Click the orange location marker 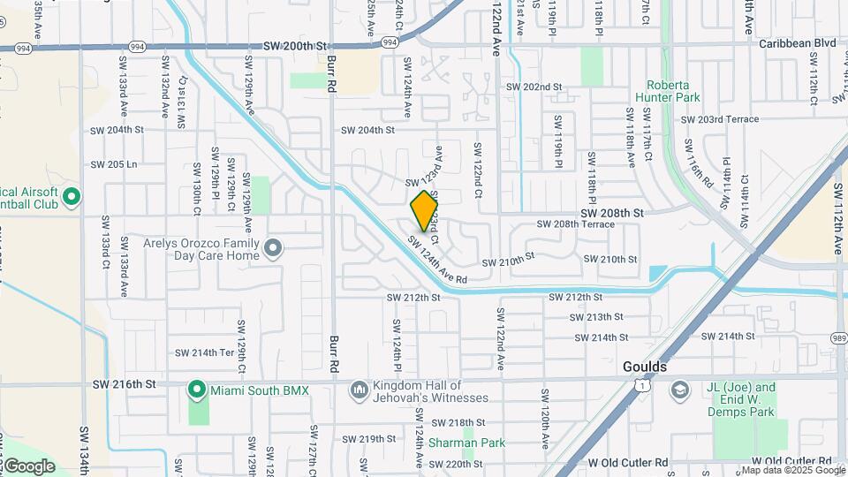coord(425,211)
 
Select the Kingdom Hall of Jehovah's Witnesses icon coord(359,390)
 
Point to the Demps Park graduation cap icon coord(679,390)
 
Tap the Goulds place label coord(644,367)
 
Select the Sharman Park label coord(466,443)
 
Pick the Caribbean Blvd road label coord(798,43)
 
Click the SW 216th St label coord(124,384)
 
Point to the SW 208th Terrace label coord(575,224)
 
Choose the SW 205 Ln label coord(115,165)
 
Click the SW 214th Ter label coord(204,352)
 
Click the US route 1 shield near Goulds coord(649,386)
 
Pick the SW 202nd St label coord(534,87)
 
